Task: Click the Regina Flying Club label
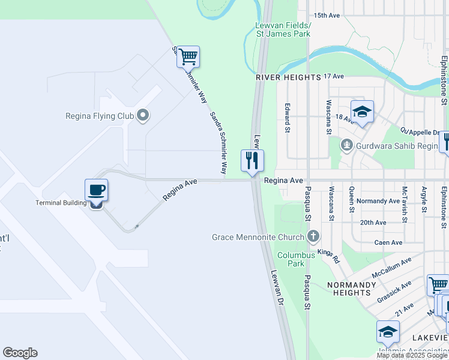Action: point(99,115)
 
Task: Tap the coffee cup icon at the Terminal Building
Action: point(96,191)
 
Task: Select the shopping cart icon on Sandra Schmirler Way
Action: point(188,57)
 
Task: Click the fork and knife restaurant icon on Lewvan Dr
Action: point(252,160)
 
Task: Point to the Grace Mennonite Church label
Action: point(259,237)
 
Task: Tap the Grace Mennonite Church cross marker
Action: point(313,236)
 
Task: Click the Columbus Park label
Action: point(295,259)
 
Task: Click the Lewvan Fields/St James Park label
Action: point(283,29)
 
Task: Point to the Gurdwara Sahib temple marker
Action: point(346,145)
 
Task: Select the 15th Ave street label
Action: point(327,15)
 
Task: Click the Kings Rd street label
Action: point(329,256)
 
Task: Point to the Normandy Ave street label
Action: point(378,201)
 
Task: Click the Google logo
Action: point(20,353)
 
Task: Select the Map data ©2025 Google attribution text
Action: point(411,356)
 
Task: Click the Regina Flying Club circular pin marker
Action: point(143,115)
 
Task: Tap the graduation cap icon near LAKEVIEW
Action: point(388,331)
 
